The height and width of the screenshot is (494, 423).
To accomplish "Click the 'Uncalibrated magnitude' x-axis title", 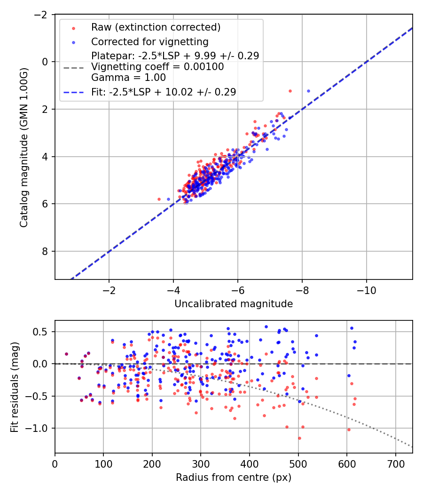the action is (234, 304).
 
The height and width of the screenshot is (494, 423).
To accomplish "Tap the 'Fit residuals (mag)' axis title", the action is (15, 387).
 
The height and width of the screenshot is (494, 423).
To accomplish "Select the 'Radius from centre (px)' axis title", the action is (234, 478).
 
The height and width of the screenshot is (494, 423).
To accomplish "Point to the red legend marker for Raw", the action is (74, 28).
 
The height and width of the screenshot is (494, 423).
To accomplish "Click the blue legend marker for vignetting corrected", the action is (74, 42).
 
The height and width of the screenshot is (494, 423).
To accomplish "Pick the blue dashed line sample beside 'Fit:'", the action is (74, 93).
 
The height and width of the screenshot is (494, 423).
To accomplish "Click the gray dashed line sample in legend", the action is (74, 68).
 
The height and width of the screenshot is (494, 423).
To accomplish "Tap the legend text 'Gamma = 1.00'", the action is (128, 78).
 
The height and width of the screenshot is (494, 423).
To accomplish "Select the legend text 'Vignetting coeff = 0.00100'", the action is (157, 67).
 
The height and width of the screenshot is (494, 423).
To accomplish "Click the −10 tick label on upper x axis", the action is (366, 290).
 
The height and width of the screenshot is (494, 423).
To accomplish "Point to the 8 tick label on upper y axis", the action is (45, 251).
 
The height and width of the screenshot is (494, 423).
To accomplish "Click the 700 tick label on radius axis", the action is (395, 464).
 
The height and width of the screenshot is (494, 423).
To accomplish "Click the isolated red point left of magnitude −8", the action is (290, 91).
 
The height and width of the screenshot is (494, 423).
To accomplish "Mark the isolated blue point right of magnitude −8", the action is (308, 91).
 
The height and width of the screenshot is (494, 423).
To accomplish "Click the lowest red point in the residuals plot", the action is (299, 438).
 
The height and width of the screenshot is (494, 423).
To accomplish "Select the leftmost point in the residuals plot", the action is (66, 354).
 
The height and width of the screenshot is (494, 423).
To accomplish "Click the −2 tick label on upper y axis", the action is (41, 15).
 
